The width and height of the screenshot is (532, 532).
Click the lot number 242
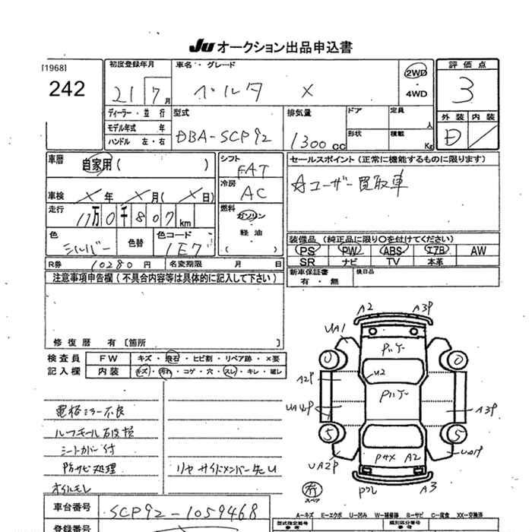tap(67, 89)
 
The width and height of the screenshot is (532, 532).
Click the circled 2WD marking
tap(416, 74)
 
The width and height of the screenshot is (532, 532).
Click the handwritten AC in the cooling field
tap(249, 192)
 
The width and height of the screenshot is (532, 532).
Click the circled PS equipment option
tap(307, 250)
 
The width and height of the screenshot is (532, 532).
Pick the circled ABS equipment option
tap(392, 250)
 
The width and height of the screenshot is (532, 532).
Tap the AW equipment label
tap(478, 250)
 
